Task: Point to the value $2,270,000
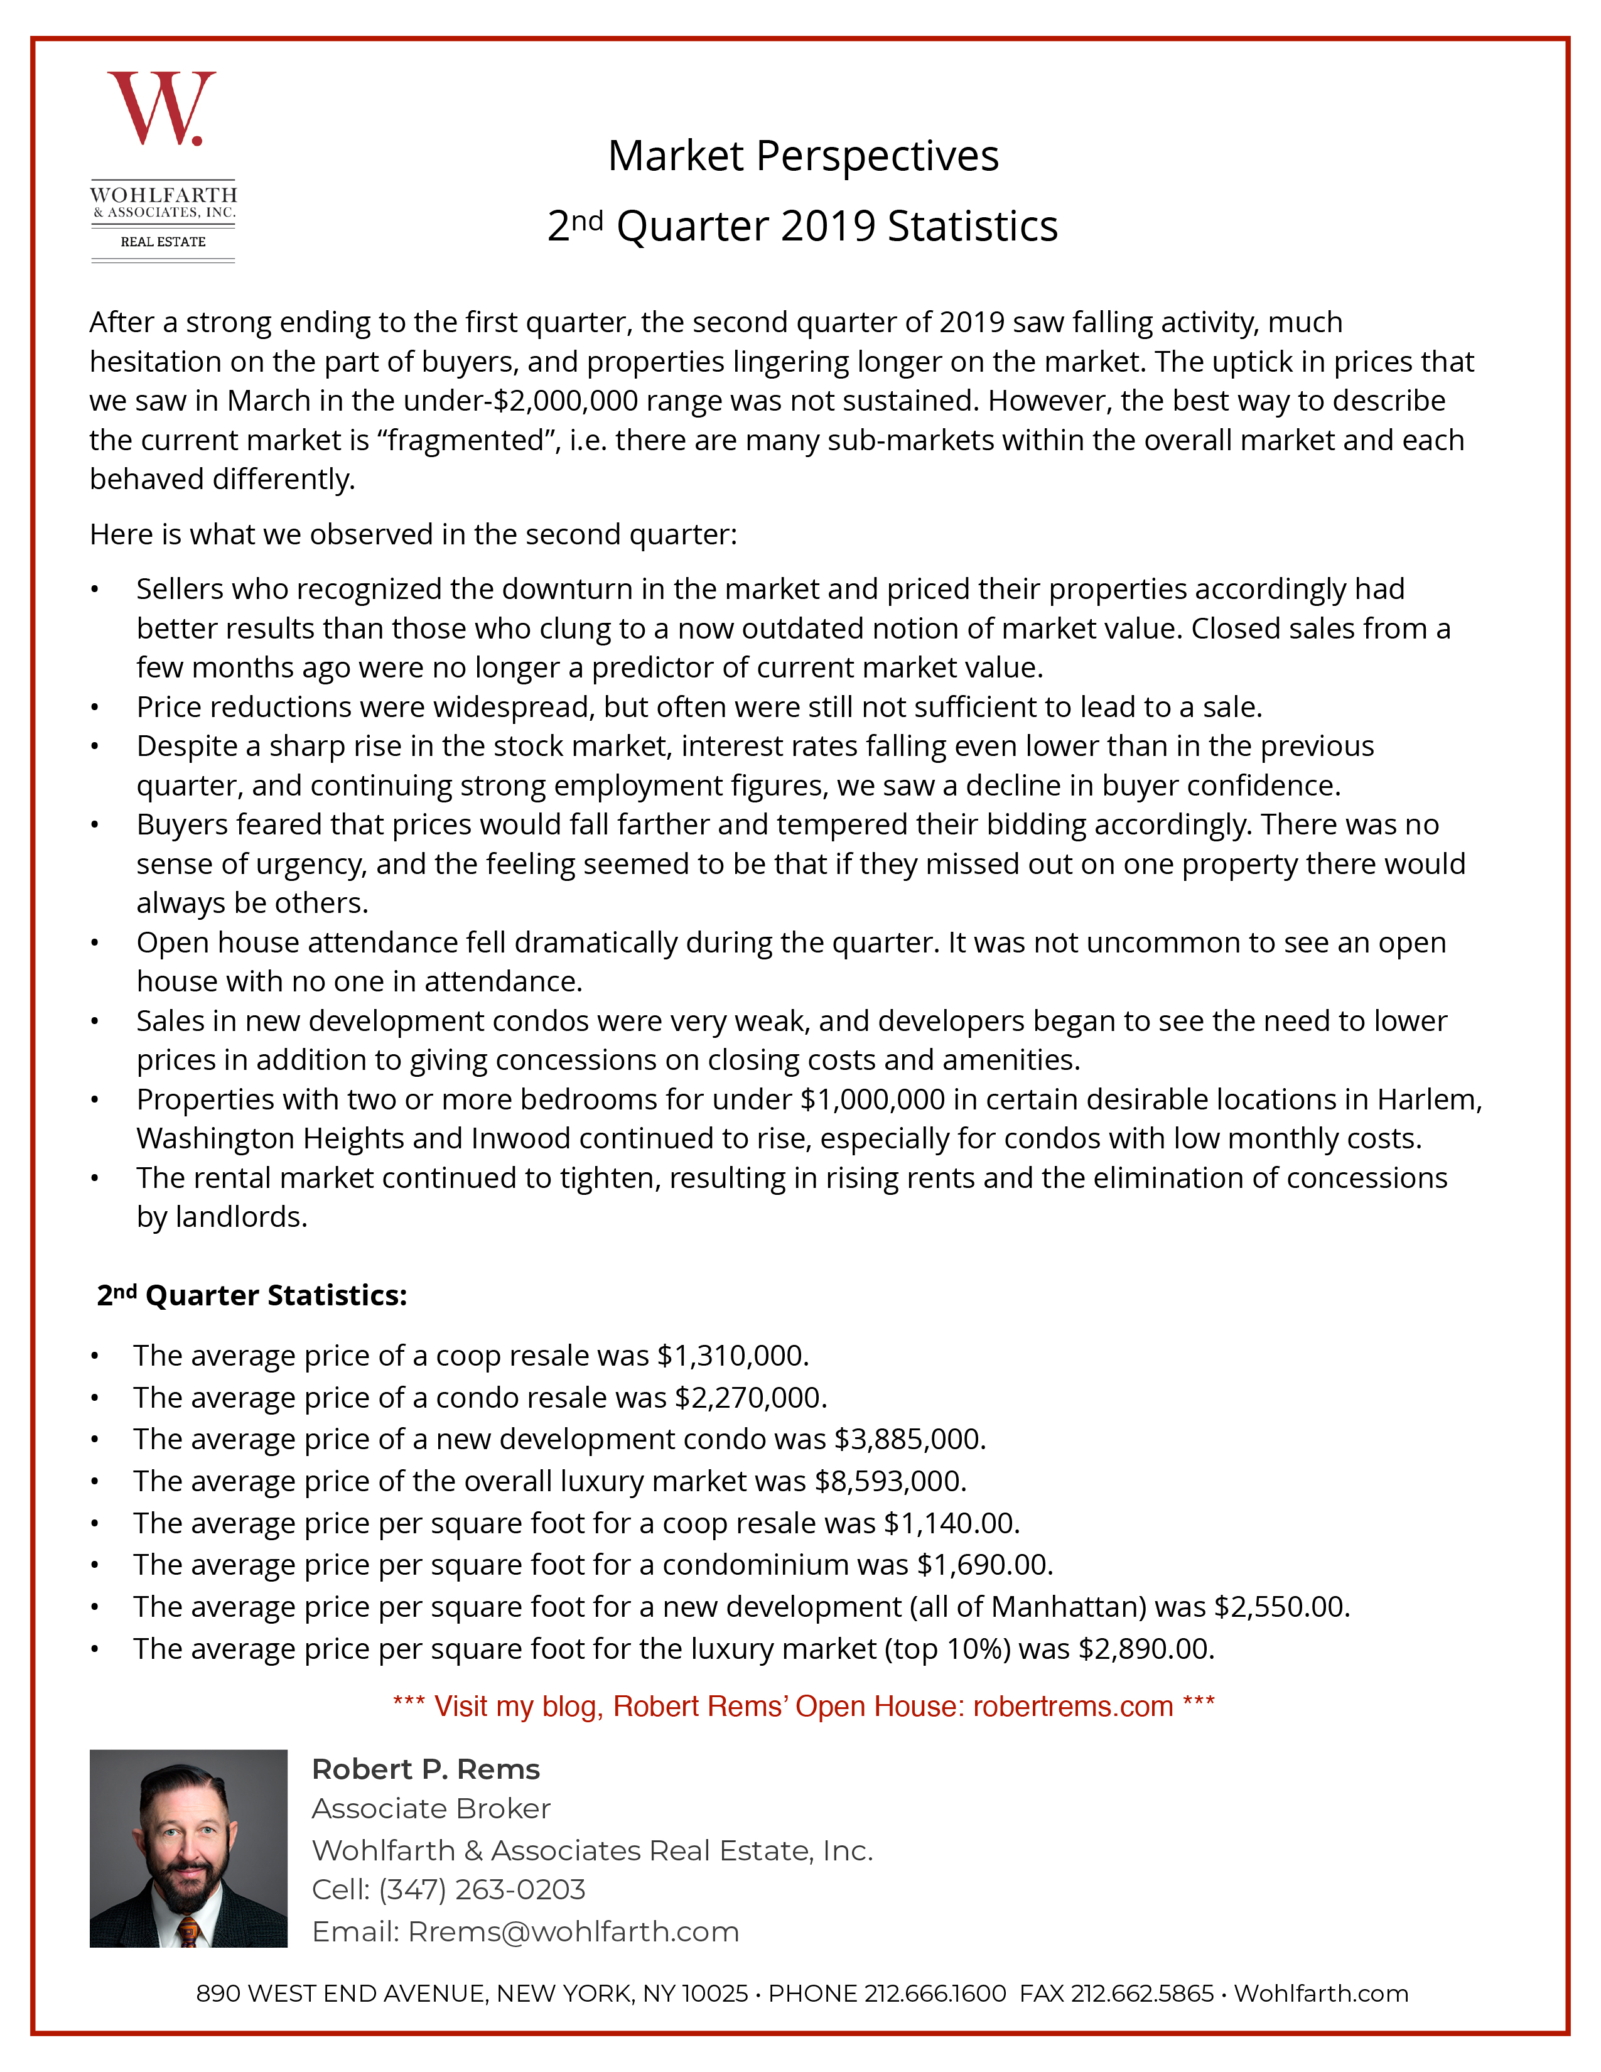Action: tap(750, 1398)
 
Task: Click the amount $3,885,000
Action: tap(910, 1439)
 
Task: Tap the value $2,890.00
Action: tap(1146, 1649)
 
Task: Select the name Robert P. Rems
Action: tap(425, 1769)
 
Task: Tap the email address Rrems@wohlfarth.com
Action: tap(573, 1931)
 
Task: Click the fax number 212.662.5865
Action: tap(1142, 1994)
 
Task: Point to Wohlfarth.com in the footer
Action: tap(1320, 1994)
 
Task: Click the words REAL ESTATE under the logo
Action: tap(163, 242)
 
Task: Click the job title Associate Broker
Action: tap(431, 1809)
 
